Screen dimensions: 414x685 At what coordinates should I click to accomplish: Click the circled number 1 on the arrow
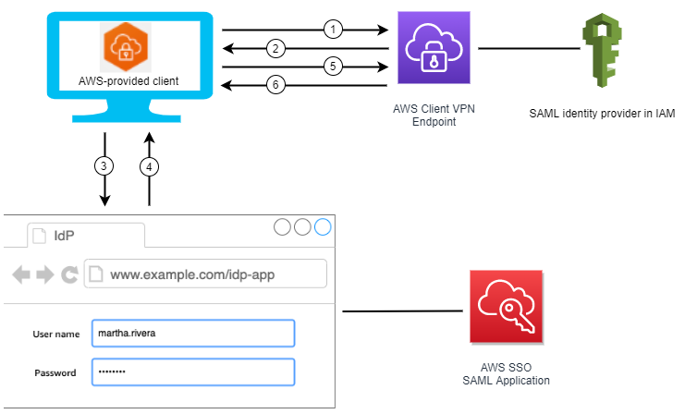(334, 29)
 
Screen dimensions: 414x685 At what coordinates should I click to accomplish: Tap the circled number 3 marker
(105, 167)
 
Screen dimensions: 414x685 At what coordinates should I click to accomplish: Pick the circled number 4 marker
(148, 167)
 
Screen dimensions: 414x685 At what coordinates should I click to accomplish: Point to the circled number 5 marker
(334, 67)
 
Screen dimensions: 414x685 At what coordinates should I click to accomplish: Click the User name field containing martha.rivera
(192, 334)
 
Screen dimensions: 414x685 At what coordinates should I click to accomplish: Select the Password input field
(192, 372)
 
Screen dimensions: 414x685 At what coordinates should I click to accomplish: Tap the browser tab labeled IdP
(84, 235)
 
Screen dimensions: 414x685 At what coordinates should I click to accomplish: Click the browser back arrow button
(20, 274)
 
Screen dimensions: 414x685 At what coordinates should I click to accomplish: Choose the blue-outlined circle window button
(322, 226)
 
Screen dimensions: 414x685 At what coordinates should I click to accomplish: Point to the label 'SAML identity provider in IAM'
(602, 114)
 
